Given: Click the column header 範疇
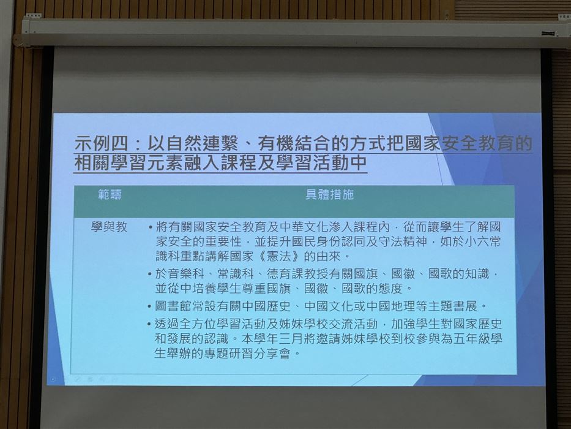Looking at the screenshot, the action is pyautogui.click(x=110, y=195).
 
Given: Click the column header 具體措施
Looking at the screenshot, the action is pyautogui.click(x=329, y=195).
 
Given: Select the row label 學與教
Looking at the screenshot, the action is pyautogui.click(x=109, y=227).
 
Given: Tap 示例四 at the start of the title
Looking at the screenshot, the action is pyautogui.click(x=102, y=144).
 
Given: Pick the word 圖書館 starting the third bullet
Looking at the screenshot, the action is pyautogui.click(x=174, y=306).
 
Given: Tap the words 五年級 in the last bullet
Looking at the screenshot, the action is pyautogui.click(x=471, y=338).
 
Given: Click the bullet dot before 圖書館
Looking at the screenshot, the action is pyautogui.click(x=149, y=306).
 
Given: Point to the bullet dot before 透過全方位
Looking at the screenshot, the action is pyautogui.click(x=149, y=324).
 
